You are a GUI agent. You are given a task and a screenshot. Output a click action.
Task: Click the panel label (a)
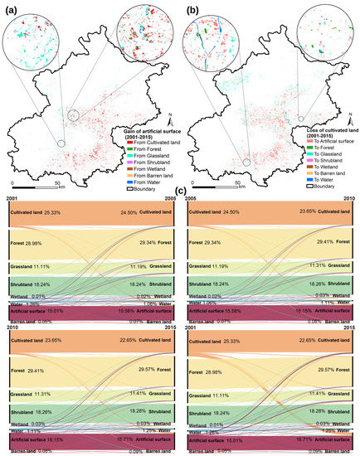[12, 8]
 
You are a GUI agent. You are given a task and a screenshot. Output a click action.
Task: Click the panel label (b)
[192, 8]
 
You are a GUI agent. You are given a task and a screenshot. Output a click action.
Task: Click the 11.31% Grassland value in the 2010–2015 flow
[43, 394]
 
